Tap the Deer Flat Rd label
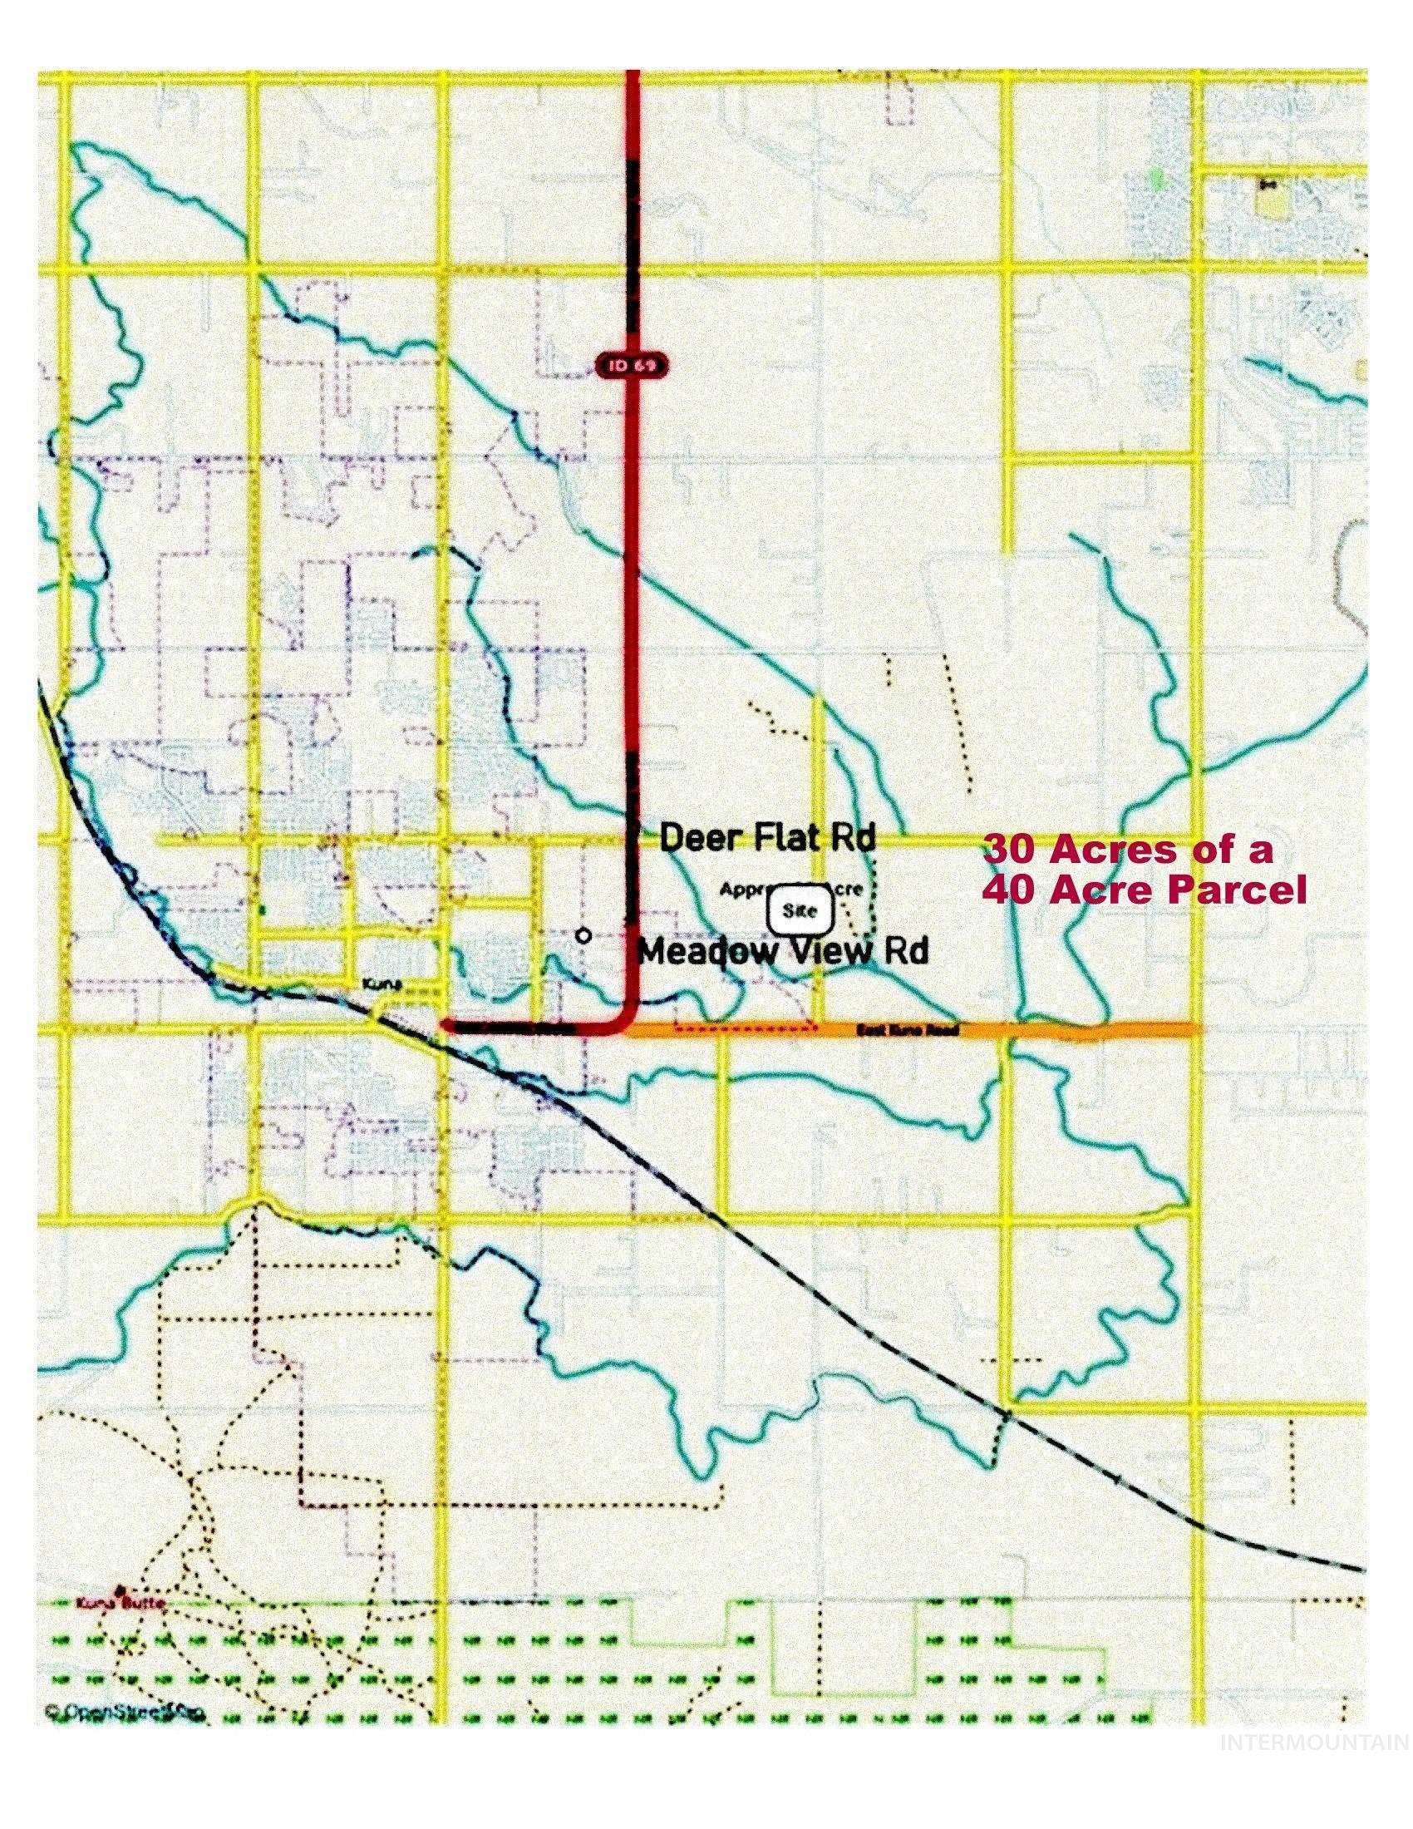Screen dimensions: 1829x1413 point(768,838)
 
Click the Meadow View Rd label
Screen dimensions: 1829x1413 point(784,951)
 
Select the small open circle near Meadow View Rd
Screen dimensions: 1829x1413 point(584,935)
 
